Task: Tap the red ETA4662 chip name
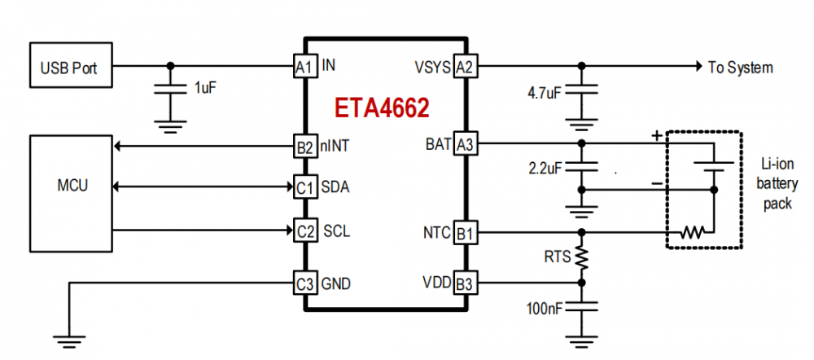click(382, 109)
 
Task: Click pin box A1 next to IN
click(304, 66)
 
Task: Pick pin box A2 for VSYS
click(465, 66)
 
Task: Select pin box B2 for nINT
click(304, 147)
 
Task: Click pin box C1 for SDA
click(304, 188)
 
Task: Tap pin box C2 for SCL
click(304, 231)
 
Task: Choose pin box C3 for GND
click(304, 283)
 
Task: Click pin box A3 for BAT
click(465, 144)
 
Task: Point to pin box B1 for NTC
click(465, 232)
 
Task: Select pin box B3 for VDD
click(465, 283)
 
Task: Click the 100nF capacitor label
click(544, 309)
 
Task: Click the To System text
click(740, 68)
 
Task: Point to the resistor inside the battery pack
click(692, 233)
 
